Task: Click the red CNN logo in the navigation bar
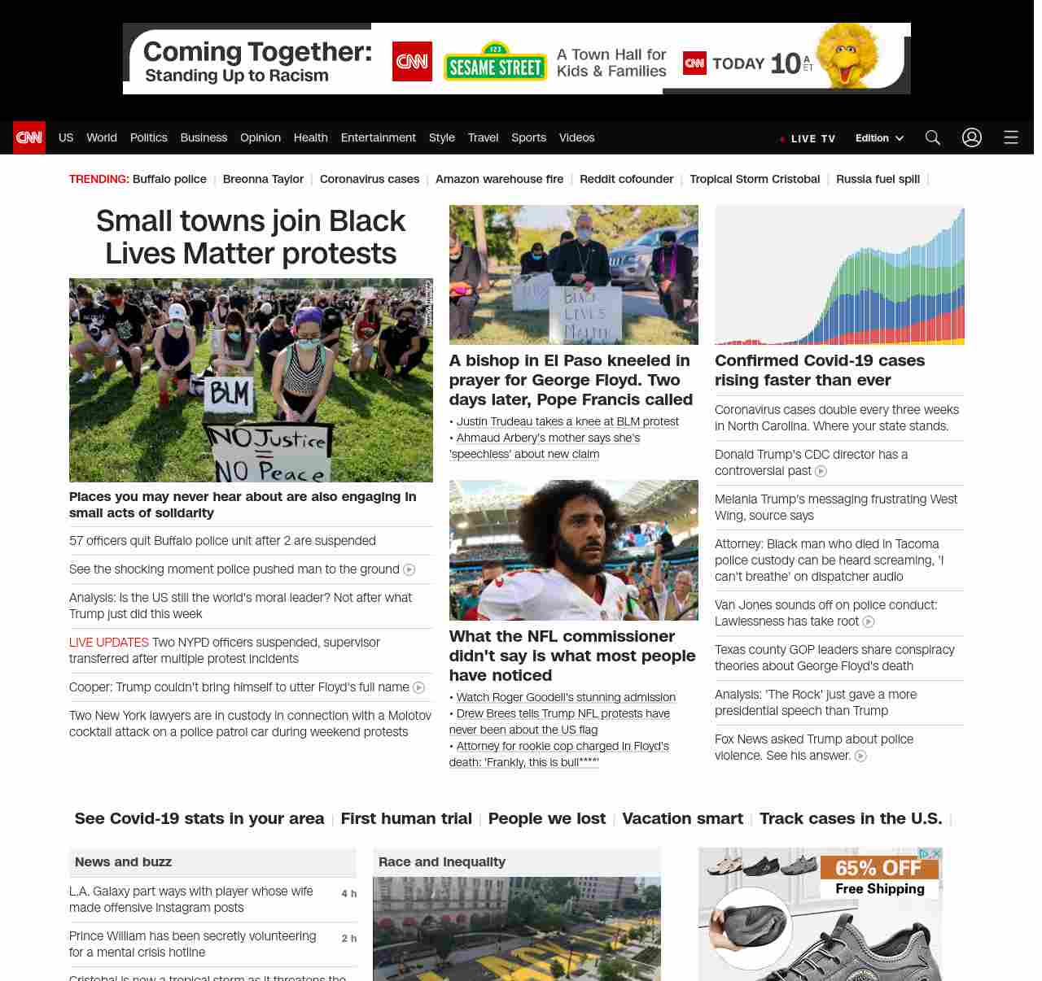29,137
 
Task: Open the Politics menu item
148,137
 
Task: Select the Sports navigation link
528,137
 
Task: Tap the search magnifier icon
933,137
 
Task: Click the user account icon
972,137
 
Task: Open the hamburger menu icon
1011,137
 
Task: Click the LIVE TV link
808,138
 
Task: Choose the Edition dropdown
879,138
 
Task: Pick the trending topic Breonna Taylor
263,179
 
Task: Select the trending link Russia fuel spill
878,179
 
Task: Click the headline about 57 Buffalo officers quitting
222,541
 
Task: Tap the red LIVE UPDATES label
109,643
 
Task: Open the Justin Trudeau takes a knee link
567,421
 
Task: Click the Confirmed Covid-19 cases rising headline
820,370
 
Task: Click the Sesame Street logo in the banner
495,62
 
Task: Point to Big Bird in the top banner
848,55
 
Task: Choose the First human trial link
406,818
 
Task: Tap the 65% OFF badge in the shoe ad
878,868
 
